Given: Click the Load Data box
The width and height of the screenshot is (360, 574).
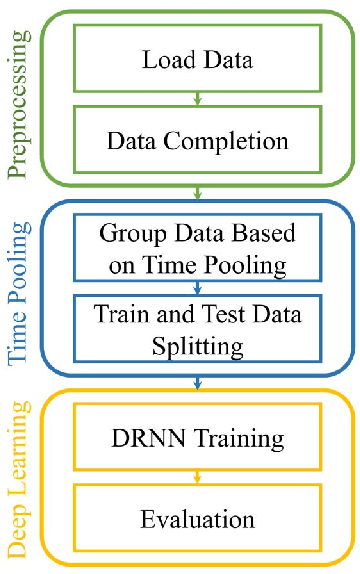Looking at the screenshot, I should pos(198,59).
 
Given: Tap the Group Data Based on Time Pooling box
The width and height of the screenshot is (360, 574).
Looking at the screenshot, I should pos(198,251).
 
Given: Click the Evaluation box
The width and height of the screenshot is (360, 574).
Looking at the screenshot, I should pos(198,518).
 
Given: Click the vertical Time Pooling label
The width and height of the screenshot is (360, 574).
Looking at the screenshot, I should pos(19,289).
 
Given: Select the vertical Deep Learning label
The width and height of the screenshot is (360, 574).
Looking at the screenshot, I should pos(19,479).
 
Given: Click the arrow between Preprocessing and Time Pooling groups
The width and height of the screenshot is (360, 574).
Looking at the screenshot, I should pos(198,192).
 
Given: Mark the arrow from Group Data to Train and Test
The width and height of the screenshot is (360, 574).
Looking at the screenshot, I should pos(198,288).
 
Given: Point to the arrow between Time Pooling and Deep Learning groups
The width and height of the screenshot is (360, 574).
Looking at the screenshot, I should pos(198,382).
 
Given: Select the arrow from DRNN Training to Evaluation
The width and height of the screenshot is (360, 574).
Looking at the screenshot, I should pos(198,479).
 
